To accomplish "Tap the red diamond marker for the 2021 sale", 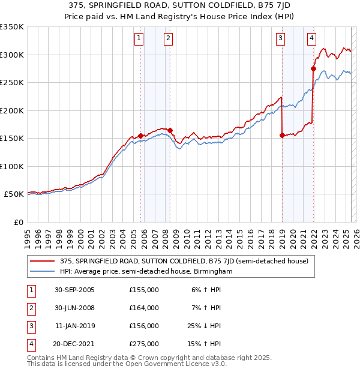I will pyautogui.click(x=313, y=68).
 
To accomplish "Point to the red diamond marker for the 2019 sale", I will pyautogui.click(x=282, y=135).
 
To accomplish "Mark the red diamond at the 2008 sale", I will pyautogui.click(x=170, y=130).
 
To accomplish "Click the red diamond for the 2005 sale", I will pyautogui.click(x=141, y=136).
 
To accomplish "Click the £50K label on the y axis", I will pyautogui.click(x=14, y=194).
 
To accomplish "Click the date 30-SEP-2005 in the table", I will pyautogui.click(x=74, y=290).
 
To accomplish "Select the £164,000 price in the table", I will pyautogui.click(x=144, y=308).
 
